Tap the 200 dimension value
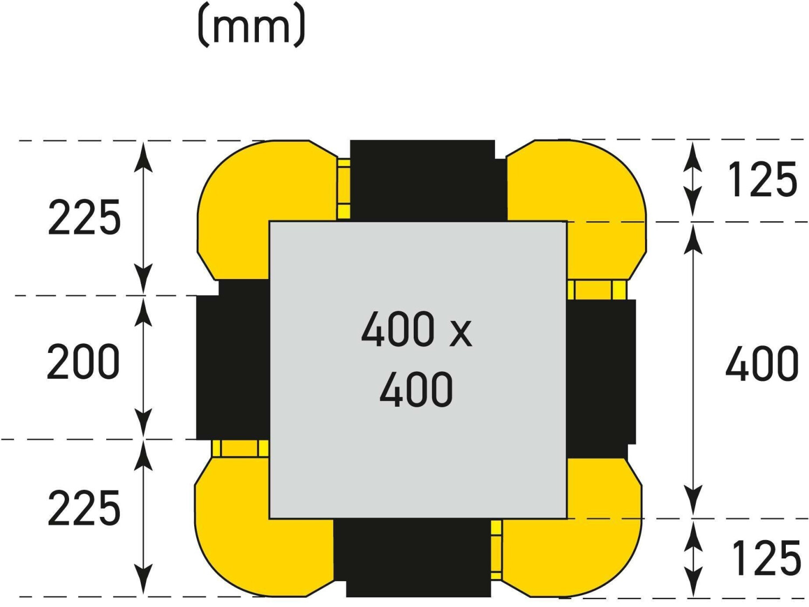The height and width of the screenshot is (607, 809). point(83,362)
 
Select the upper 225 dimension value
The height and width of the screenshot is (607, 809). point(84,217)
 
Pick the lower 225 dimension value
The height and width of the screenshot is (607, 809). point(84,508)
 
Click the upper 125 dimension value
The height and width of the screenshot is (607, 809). point(762,180)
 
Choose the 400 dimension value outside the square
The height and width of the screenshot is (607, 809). point(762,364)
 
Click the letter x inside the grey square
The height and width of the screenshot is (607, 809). point(461,332)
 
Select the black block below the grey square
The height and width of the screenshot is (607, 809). point(413,558)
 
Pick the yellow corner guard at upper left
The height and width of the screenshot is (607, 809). point(243,205)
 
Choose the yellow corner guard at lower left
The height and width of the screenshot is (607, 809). point(243,518)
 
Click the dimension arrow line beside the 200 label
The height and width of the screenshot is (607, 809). point(143,367)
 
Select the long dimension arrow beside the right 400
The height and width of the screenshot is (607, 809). point(693,370)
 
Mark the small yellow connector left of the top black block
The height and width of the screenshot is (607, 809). point(344,189)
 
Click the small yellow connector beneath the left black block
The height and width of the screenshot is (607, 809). point(240,448)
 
